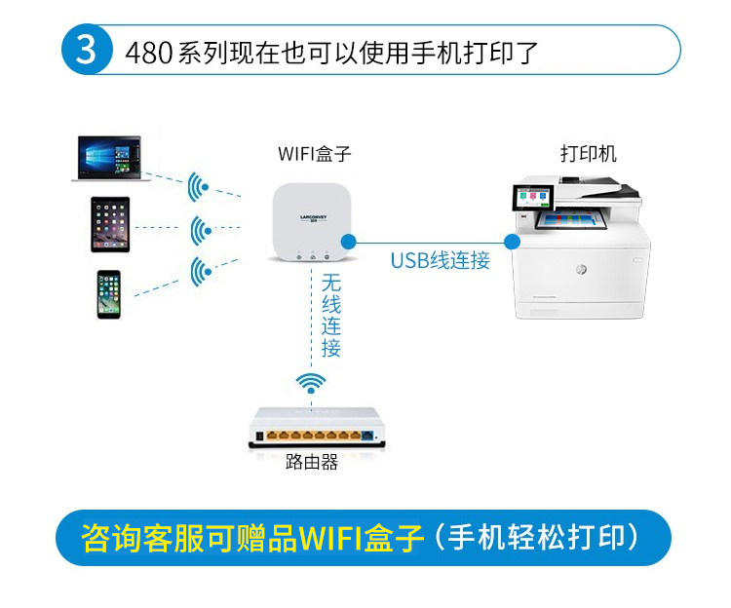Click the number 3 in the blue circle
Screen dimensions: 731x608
[x=86, y=50]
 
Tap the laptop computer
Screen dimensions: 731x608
[x=107, y=158]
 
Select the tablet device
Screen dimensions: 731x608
[x=110, y=224]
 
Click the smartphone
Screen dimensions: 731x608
[x=109, y=294]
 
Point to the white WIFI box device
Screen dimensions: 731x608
[x=312, y=222]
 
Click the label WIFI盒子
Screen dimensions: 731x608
[x=314, y=154]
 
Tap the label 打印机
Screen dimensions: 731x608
[x=589, y=154]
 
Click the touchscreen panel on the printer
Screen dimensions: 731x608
[x=533, y=198]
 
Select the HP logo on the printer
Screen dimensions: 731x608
[x=581, y=269]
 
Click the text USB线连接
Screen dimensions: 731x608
[x=441, y=260]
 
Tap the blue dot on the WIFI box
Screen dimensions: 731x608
[x=348, y=242]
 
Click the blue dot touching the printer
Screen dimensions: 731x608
[x=513, y=242]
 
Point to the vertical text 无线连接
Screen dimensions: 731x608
[x=331, y=316]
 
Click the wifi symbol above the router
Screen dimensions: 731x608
[x=311, y=384]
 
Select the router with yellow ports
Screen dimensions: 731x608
[x=317, y=428]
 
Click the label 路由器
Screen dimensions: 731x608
[x=312, y=462]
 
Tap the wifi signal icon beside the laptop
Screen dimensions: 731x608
[x=198, y=187]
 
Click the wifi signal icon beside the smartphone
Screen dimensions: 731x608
[x=201, y=271]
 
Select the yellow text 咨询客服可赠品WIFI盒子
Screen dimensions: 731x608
[x=252, y=538]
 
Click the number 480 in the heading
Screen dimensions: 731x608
[x=149, y=53]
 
